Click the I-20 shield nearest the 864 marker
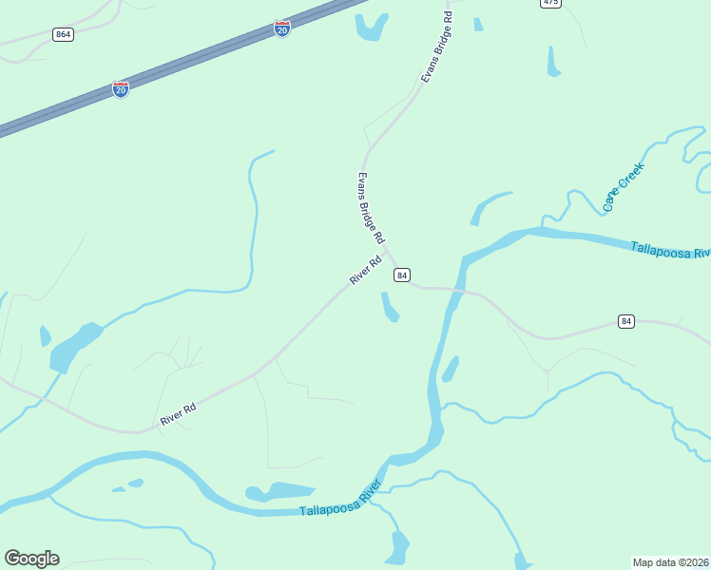(x=121, y=89)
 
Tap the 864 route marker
(x=63, y=35)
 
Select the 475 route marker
(x=550, y=3)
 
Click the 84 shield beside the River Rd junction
(x=402, y=275)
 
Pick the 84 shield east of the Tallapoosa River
(x=625, y=321)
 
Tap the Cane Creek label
(x=624, y=186)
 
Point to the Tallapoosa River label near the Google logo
(x=340, y=500)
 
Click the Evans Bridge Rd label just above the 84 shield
(x=370, y=206)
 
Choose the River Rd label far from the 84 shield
(x=178, y=413)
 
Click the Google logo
(x=31, y=559)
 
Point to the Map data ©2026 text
(x=670, y=561)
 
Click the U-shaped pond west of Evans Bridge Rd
(x=372, y=28)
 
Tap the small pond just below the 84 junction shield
(x=390, y=308)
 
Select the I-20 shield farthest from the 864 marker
(x=282, y=28)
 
